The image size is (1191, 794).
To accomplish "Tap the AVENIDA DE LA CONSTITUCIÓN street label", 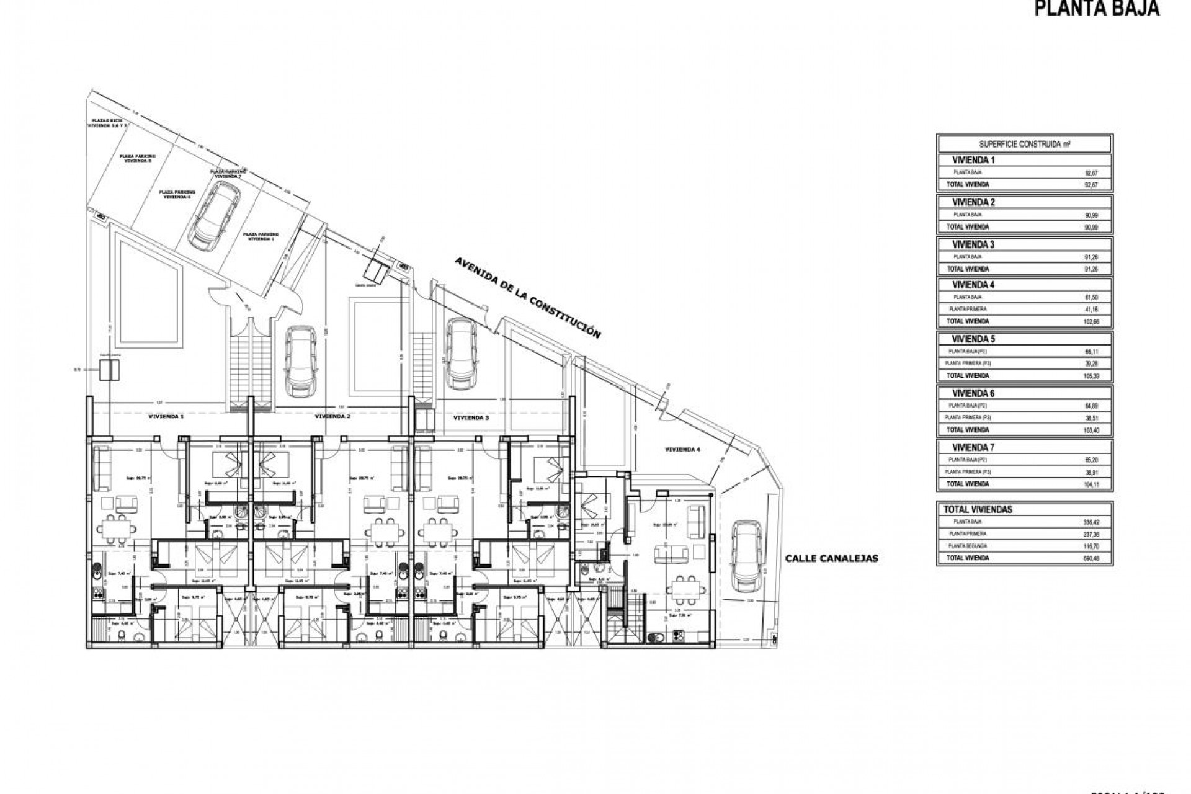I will coord(527,297).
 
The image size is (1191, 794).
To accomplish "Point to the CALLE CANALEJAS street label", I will coord(831,558).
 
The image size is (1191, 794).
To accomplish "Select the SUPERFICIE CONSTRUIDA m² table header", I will coord(1024,144).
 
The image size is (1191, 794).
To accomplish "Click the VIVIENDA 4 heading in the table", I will coord(973,285).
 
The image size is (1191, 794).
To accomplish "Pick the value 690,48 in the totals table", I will coord(1090,558).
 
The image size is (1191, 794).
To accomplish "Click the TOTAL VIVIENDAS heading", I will coord(978,509).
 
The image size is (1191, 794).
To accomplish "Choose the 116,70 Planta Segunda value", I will coord(1090,546).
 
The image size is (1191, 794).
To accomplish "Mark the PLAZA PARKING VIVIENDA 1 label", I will coord(261,236).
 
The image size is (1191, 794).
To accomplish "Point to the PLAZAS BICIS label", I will coord(105,123).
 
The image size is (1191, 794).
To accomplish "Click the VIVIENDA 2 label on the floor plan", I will coord(332,417).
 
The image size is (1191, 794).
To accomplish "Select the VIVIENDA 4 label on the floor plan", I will coord(682,449).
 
